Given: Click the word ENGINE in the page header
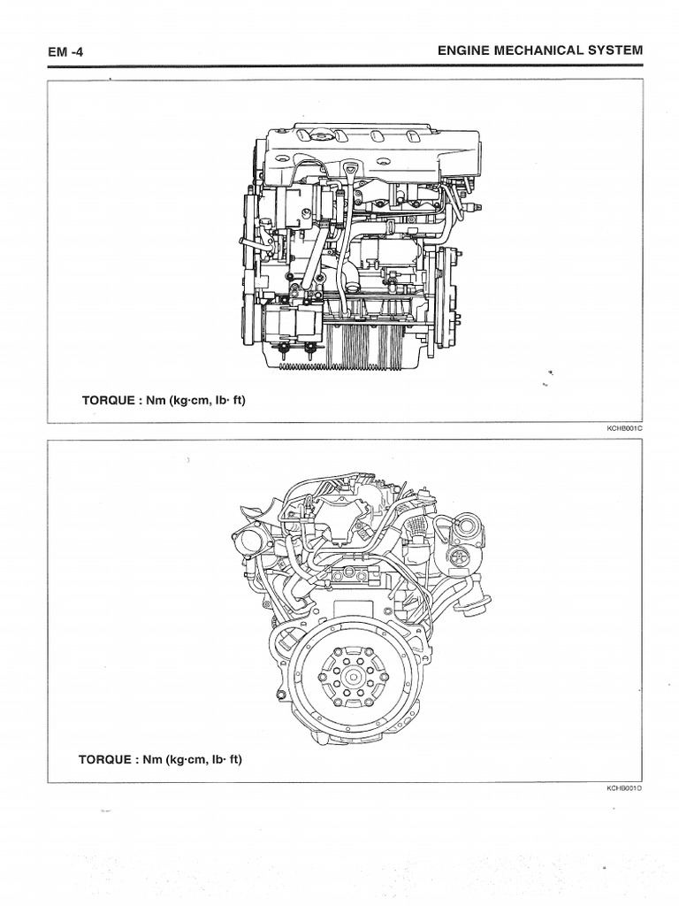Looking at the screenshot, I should [462, 50].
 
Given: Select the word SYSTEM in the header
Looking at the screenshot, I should [614, 50].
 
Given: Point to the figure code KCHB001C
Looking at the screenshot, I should [623, 429].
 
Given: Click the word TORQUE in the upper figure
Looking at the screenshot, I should [105, 401].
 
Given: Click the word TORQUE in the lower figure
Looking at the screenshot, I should [105, 759].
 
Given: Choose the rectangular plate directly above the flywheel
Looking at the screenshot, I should [354, 580].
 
